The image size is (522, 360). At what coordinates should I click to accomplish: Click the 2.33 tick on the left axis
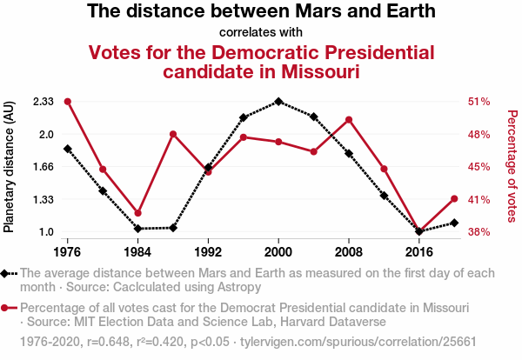pos(43,102)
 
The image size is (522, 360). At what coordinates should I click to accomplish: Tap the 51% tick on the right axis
pos(480,102)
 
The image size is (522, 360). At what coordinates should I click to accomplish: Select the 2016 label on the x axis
pos(419,252)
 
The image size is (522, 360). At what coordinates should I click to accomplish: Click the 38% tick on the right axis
pos(480,232)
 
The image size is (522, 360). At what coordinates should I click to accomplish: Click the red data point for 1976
pos(68,102)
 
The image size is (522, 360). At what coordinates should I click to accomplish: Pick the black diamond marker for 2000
pos(278,102)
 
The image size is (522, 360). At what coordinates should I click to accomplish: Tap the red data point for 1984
pos(138,213)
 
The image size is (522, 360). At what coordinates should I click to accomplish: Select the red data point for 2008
pos(349,120)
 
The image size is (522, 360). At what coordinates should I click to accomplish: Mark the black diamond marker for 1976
pos(68,149)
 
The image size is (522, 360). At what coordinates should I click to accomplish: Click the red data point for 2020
pos(454,199)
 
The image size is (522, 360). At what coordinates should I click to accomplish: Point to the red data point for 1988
pos(173,134)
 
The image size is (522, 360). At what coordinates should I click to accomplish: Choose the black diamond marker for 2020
pos(454,223)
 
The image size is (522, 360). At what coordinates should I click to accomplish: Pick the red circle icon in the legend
pos(9,309)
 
